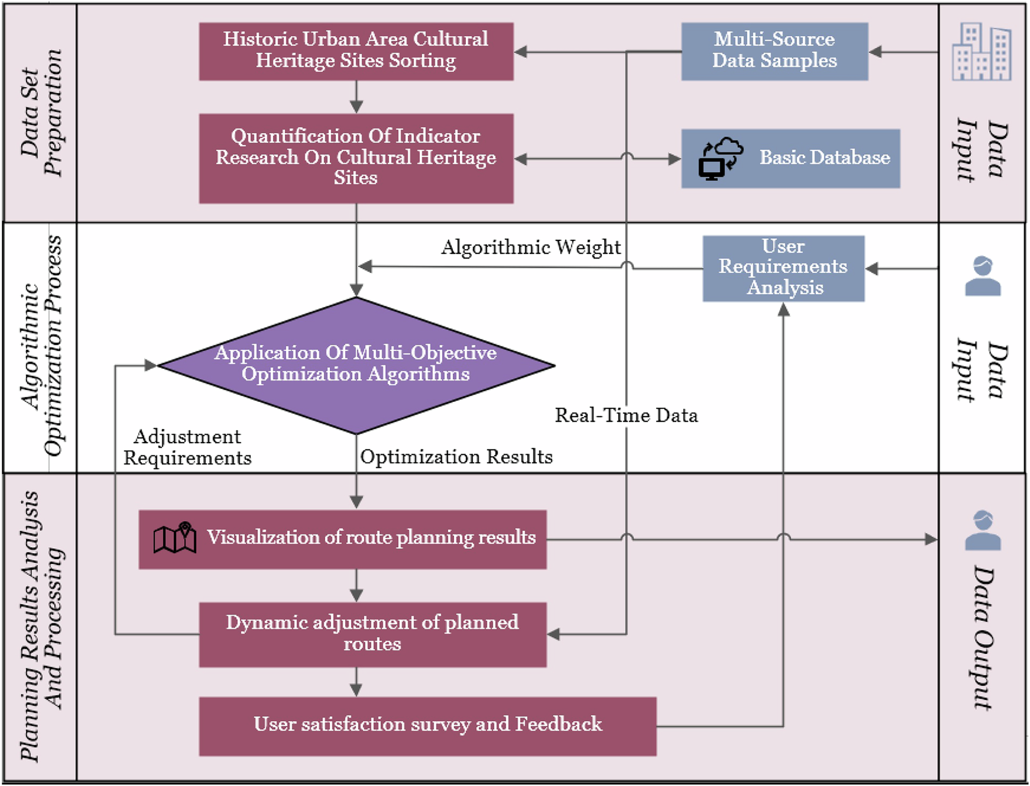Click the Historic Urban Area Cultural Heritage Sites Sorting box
click(x=356, y=51)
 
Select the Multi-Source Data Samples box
click(x=774, y=51)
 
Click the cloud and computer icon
click(x=720, y=158)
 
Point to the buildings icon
click(x=981, y=52)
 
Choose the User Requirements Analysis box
click(x=783, y=268)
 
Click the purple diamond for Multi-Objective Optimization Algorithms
click(x=356, y=365)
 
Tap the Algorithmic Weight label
click(x=531, y=247)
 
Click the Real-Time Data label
click(x=625, y=415)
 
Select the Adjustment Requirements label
click(x=187, y=447)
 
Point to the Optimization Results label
click(x=456, y=457)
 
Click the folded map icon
click(x=175, y=537)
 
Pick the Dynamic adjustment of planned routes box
click(x=372, y=634)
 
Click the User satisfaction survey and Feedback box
click(x=428, y=725)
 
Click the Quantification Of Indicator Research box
click(x=356, y=158)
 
